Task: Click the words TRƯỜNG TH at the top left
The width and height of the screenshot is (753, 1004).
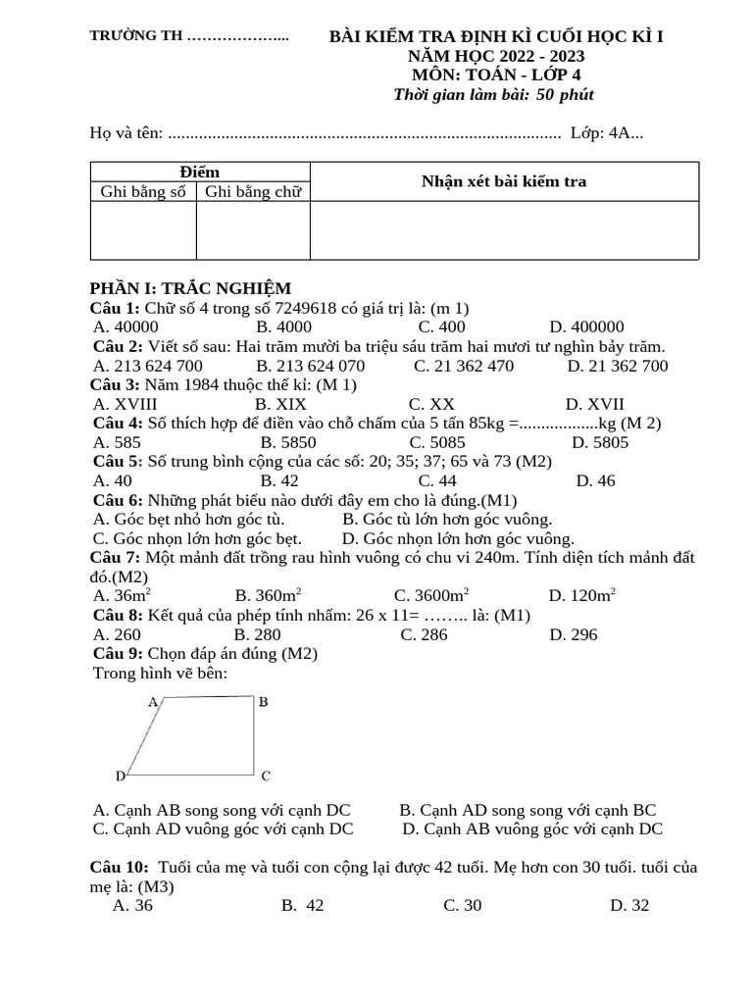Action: tap(136, 36)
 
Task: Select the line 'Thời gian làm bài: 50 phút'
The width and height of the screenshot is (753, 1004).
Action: tap(493, 95)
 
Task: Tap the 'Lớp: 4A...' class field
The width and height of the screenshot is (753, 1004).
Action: tap(607, 133)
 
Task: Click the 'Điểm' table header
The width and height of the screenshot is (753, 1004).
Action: tap(200, 173)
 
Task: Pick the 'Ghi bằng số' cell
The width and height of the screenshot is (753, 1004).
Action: tap(143, 192)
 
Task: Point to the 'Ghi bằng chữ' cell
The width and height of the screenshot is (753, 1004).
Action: tap(253, 192)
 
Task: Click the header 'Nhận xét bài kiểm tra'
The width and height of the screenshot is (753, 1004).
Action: tap(504, 181)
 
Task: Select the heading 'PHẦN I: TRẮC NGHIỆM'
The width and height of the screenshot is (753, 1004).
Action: tap(190, 288)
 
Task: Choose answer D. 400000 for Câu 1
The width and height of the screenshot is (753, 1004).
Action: tap(586, 326)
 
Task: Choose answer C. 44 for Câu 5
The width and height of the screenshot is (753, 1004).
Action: tap(437, 480)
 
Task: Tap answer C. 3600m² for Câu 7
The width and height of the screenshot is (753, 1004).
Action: tap(431, 595)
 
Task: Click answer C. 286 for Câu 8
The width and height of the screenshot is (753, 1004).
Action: tap(424, 634)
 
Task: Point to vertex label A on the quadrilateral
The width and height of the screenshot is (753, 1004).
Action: tap(153, 702)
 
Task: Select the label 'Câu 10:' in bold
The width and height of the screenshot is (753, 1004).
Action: tap(119, 868)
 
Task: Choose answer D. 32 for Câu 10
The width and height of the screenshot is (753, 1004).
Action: tap(629, 906)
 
